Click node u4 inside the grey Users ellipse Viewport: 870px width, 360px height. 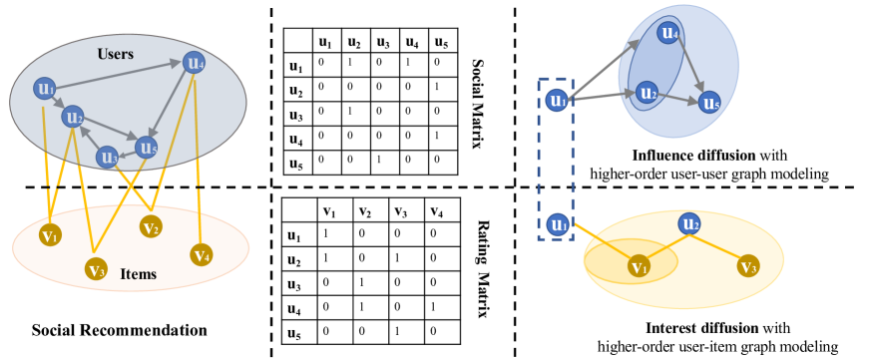tap(195, 63)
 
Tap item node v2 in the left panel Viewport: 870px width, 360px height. tap(152, 225)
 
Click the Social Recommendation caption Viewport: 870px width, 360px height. tap(119, 329)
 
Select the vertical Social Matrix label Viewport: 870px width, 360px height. tap(478, 103)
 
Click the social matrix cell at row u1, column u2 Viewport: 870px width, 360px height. tap(353, 65)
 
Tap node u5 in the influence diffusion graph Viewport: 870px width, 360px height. tap(709, 102)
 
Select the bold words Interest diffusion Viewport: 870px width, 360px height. tap(677, 330)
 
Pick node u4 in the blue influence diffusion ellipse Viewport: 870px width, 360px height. tap(669, 34)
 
